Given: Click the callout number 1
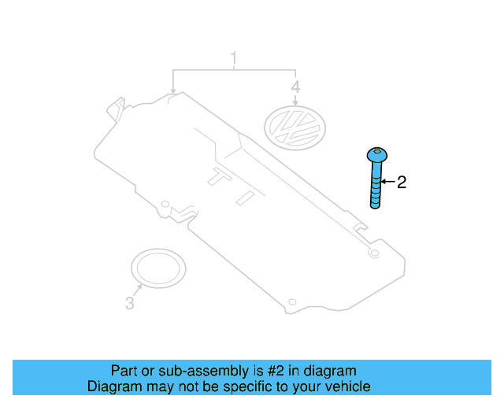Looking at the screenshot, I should (233, 57).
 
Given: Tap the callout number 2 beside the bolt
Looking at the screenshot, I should (401, 183).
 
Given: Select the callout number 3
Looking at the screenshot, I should (130, 302).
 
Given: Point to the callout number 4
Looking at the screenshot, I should (295, 86).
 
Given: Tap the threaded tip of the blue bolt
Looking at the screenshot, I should (377, 205).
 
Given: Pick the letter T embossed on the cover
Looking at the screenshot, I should (218, 179).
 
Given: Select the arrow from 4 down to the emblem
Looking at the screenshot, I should (295, 102).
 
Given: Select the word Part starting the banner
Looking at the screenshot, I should (124, 371).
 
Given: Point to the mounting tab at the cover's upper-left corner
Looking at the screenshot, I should (116, 105).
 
